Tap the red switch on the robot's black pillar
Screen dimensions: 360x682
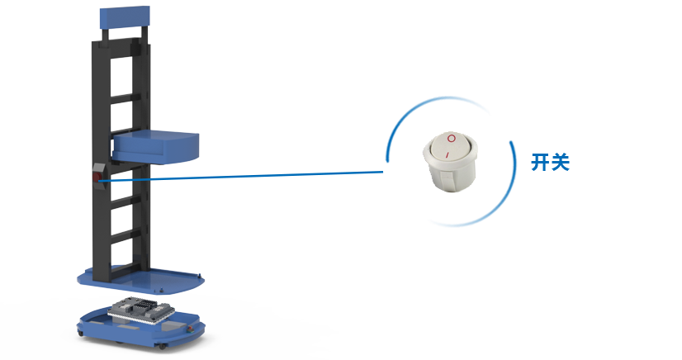(x=97, y=176)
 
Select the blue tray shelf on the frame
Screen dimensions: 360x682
(x=156, y=146)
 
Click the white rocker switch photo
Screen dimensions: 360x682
(x=450, y=161)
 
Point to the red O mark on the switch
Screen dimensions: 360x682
(x=451, y=137)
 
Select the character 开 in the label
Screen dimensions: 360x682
(x=540, y=162)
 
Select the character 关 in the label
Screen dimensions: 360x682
(x=561, y=162)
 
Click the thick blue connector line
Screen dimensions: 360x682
(x=264, y=175)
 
